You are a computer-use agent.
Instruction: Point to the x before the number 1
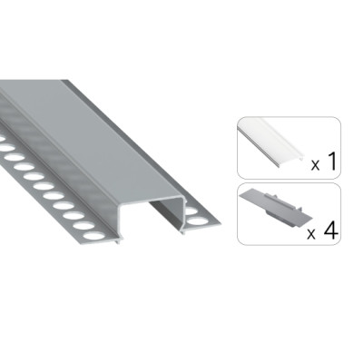(x=316, y=165)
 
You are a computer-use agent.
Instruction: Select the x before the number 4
(x=311, y=234)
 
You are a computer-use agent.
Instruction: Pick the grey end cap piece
(x=274, y=210)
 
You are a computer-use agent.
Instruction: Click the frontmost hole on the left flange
(x=93, y=235)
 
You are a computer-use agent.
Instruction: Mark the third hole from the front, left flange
(x=74, y=215)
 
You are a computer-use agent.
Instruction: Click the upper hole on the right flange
(x=191, y=211)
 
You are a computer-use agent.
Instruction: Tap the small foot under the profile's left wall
(x=118, y=242)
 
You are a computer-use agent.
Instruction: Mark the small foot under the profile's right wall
(x=182, y=231)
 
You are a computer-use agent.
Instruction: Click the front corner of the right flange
(x=221, y=224)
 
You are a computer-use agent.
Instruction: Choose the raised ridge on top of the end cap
(x=284, y=198)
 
